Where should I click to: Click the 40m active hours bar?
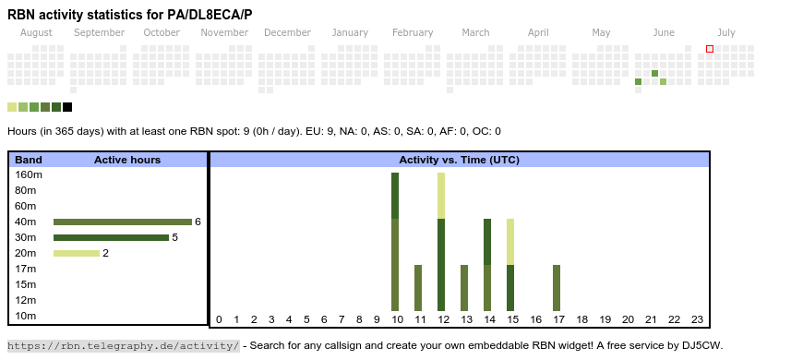[x=123, y=222]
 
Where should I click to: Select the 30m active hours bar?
[x=111, y=237]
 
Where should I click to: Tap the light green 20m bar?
[x=77, y=253]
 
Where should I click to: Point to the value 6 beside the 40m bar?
[x=198, y=222]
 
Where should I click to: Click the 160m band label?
[x=29, y=174]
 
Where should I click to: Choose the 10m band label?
[x=26, y=316]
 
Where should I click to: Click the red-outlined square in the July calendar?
[x=710, y=49]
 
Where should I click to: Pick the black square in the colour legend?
[x=67, y=107]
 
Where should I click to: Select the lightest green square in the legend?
[x=12, y=107]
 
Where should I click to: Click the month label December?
[x=287, y=33]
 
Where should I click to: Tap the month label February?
[x=413, y=33]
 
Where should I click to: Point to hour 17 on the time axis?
[x=558, y=319]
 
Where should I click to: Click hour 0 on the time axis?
[x=219, y=319]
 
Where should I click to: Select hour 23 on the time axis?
[x=697, y=319]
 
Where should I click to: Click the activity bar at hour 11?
[x=418, y=288]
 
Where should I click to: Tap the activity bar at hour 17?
[x=557, y=288]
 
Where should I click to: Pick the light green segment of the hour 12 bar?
[x=441, y=196]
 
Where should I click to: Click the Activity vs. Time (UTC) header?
[x=460, y=160]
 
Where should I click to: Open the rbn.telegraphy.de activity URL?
[x=124, y=345]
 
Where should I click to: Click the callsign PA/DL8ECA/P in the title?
[x=210, y=15]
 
